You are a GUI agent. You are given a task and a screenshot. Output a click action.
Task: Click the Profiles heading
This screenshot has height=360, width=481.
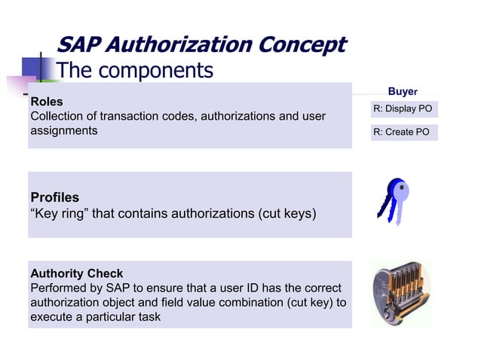click(x=54, y=198)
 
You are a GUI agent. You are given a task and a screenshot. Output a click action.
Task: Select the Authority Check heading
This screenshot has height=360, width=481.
click(x=76, y=273)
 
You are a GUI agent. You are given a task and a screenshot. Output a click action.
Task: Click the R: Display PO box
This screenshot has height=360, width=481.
click(x=403, y=109)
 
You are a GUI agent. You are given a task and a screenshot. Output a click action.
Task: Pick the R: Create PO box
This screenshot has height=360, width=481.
click(x=403, y=133)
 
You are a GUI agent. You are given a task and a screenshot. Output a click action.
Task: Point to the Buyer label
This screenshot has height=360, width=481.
click(x=403, y=91)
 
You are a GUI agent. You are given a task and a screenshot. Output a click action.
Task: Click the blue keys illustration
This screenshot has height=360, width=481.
click(x=393, y=201)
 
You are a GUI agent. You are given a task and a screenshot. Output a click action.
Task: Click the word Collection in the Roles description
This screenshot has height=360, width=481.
click(x=57, y=116)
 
